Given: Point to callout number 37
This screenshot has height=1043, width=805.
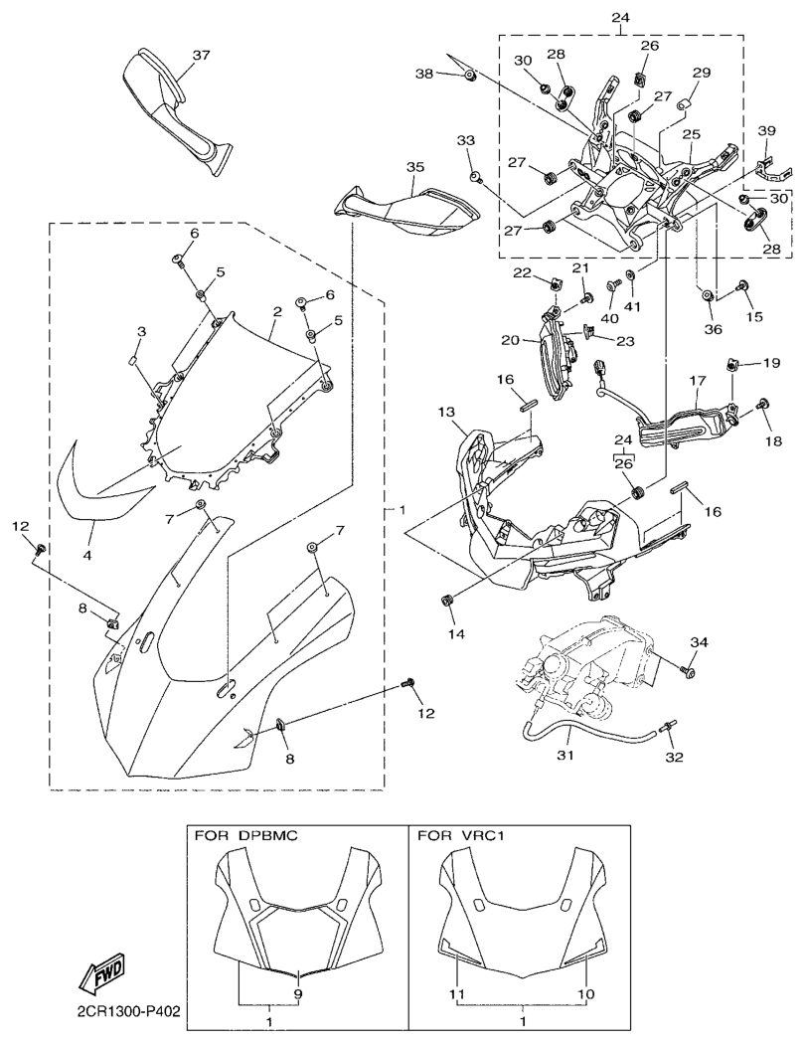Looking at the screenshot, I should pos(202,55).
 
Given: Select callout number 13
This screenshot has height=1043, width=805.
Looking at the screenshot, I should pos(444,412).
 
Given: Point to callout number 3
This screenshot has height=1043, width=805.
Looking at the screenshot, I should pos(142,330).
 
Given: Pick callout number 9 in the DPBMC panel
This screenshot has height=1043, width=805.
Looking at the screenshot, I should pos(298,993).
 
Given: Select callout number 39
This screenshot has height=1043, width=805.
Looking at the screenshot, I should pos(765,131).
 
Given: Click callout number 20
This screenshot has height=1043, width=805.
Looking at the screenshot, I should pos(512,339).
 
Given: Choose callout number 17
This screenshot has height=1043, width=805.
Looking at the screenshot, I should pos(695,380).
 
